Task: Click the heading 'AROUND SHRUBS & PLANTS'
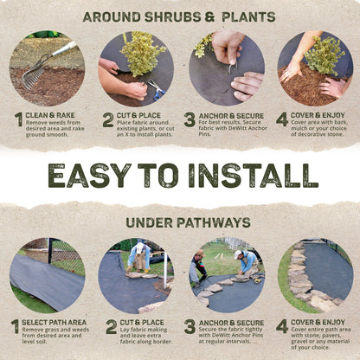(179, 16)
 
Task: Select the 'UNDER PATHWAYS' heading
(179, 222)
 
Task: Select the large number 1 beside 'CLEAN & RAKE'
(17, 119)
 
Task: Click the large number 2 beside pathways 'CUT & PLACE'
(111, 327)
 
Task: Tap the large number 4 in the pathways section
(281, 327)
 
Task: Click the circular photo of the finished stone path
(315, 275)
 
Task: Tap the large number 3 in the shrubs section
(190, 119)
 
